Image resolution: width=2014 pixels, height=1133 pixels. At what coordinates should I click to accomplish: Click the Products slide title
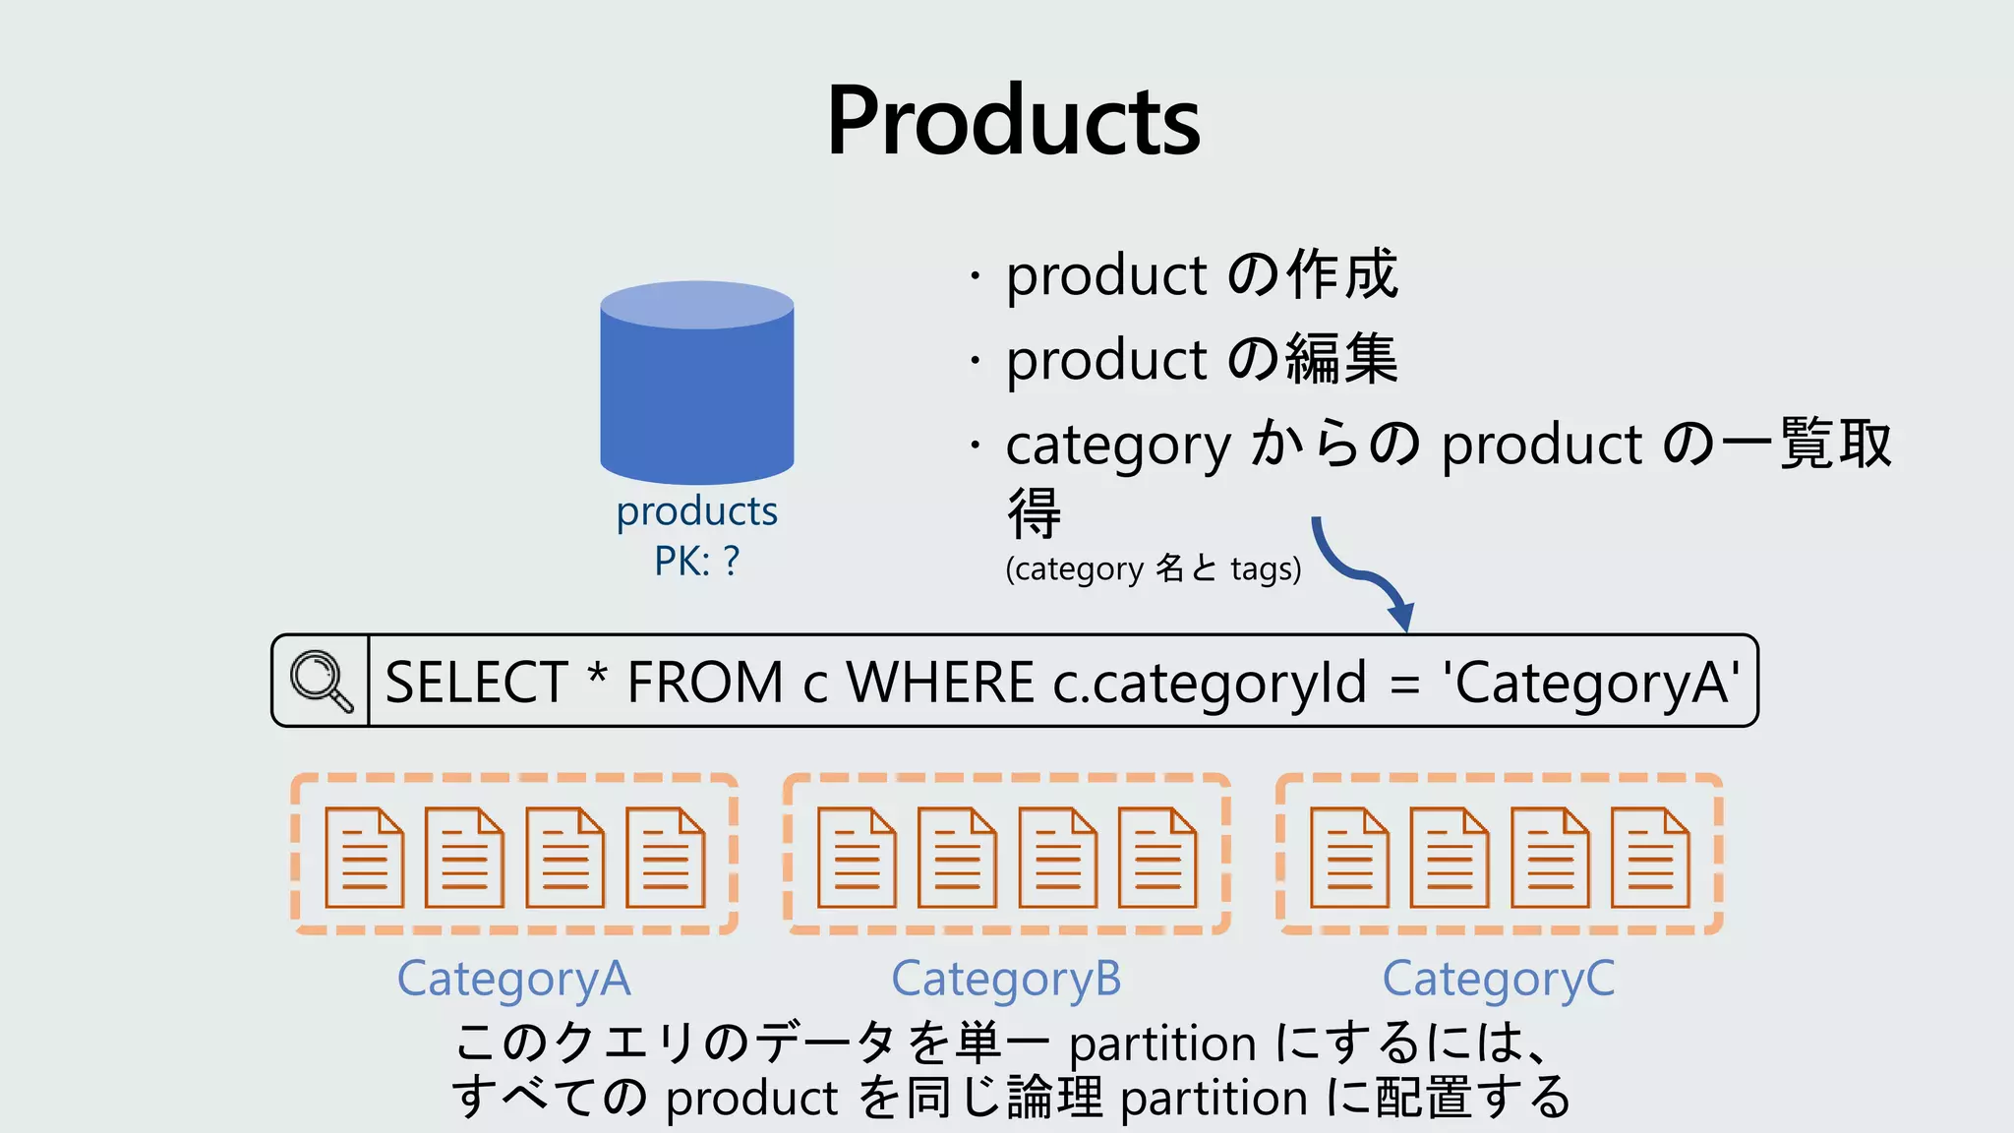click(1013, 121)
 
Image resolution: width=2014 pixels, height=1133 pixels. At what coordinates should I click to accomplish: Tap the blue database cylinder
click(697, 384)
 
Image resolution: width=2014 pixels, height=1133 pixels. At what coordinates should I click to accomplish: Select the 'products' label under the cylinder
click(696, 511)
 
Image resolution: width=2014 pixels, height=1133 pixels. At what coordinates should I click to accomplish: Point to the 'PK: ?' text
click(696, 562)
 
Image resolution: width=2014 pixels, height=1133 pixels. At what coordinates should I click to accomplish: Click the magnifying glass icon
click(321, 681)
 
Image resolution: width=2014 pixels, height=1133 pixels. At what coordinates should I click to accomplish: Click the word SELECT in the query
click(476, 683)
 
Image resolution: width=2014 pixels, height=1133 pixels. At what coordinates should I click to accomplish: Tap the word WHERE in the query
click(940, 683)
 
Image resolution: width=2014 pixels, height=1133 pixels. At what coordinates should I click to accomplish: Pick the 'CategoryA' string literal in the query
click(1590, 683)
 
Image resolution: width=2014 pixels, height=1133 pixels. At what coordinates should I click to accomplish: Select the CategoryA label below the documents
click(513, 980)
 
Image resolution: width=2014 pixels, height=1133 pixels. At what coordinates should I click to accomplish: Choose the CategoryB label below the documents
click(1006, 980)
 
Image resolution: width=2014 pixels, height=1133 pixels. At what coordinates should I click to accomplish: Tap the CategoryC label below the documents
click(1498, 980)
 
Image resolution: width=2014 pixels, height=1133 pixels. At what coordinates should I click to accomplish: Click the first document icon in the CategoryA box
click(364, 858)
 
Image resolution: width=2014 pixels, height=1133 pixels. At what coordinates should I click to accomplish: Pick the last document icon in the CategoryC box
click(1650, 858)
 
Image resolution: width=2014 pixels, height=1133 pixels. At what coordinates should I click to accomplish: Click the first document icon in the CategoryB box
click(857, 858)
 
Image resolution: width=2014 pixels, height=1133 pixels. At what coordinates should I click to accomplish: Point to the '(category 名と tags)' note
click(1153, 569)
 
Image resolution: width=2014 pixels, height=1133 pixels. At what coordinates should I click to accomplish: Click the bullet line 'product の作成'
click(1201, 274)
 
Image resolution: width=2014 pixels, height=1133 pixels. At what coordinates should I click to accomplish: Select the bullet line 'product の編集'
click(1201, 359)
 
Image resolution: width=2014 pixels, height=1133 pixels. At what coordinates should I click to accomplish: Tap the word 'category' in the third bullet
click(1117, 446)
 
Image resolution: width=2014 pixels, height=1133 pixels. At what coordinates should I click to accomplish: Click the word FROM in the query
click(704, 683)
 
